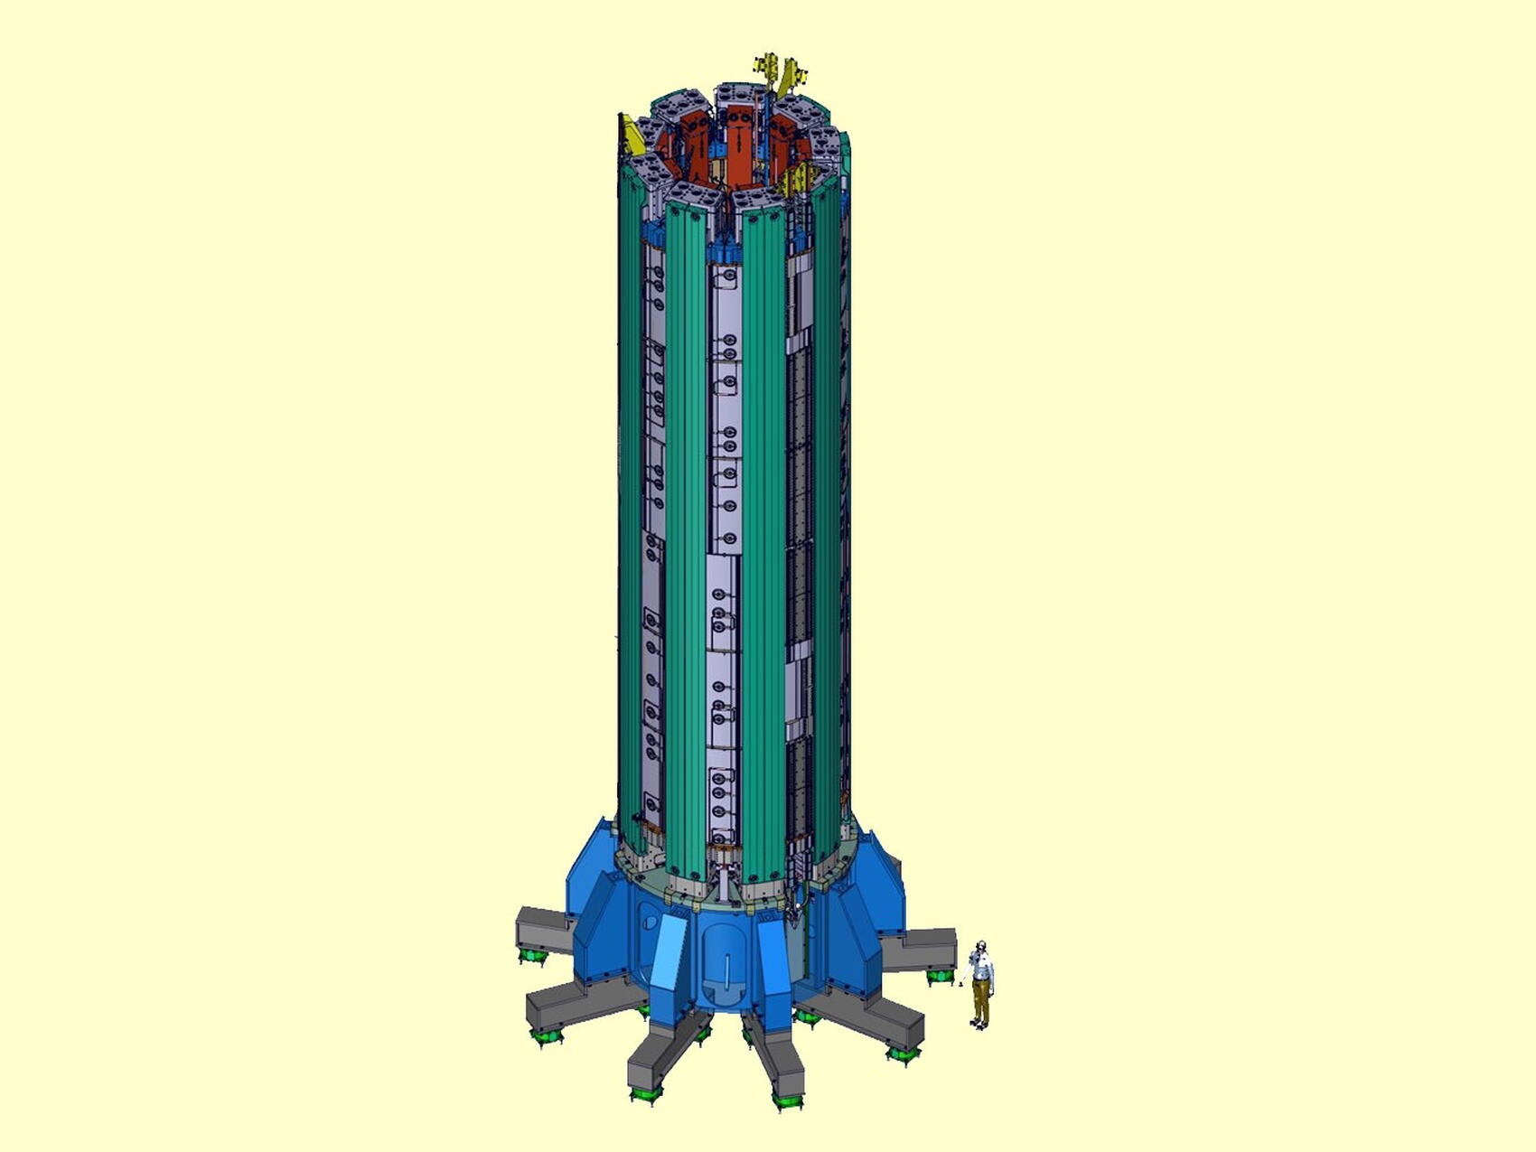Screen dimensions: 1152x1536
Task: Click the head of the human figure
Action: [x=981, y=948]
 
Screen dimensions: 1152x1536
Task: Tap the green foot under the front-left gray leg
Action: [x=645, y=1092]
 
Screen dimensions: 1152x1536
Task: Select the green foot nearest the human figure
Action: [x=940, y=975]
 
